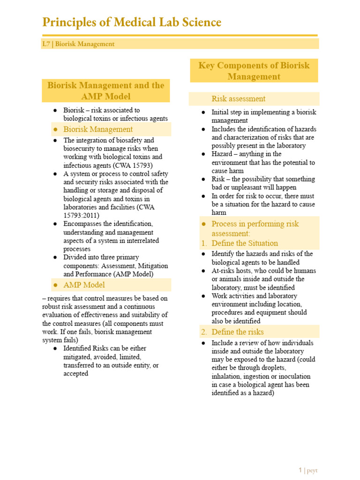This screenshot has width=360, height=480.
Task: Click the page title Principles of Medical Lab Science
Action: [132, 22]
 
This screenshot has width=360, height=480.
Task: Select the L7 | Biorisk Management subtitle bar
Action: [78, 44]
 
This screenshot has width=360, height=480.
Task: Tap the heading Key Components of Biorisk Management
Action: [254, 71]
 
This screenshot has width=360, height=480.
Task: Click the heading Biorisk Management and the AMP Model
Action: [106, 90]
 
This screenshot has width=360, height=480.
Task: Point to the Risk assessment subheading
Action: [238, 99]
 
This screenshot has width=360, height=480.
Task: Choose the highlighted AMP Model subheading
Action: [84, 285]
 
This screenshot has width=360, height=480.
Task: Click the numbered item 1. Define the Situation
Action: [244, 243]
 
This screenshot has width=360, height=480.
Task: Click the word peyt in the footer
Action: [312, 470]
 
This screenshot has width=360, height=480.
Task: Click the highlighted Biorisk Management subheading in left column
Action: [98, 129]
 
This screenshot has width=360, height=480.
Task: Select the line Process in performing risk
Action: [255, 224]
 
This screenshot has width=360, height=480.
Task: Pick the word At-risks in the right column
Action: [223, 271]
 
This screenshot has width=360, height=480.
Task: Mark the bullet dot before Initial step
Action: [203, 112]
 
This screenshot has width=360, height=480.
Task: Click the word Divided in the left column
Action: [75, 257]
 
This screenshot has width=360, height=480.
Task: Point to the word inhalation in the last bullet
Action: [227, 376]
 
